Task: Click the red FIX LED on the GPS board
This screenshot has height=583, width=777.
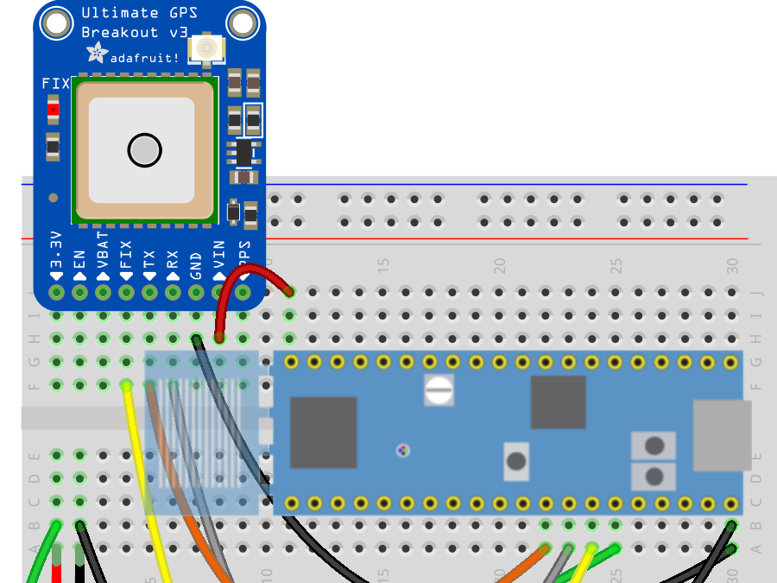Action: point(54,109)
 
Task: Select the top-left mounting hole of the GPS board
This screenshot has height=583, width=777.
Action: point(57,23)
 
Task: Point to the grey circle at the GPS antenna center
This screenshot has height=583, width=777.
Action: point(144,150)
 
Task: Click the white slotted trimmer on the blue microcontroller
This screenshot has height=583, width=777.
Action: point(439,390)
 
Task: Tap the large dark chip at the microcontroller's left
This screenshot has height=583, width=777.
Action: point(323,432)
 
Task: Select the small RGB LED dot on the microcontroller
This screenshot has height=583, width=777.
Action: point(402,450)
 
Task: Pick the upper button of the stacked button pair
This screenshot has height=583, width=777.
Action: point(654,446)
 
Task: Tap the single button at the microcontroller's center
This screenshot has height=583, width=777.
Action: point(516,460)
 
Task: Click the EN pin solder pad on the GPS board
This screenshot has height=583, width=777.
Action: point(80,293)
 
